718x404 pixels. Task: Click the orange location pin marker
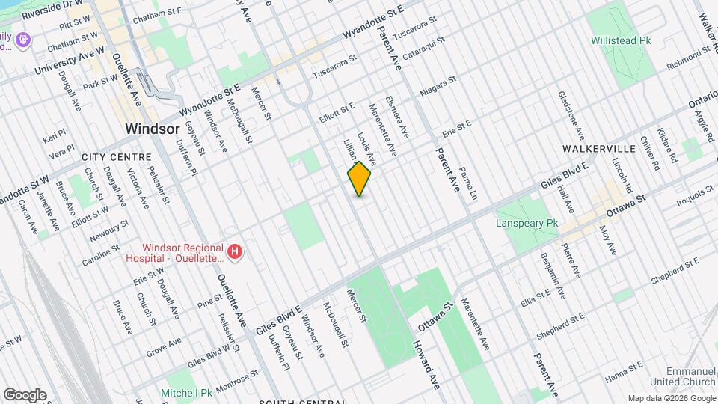(x=360, y=179)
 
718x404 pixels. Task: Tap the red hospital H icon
(x=236, y=253)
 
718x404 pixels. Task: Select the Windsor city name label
(x=153, y=129)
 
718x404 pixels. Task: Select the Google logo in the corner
(x=24, y=395)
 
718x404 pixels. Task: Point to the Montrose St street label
(x=236, y=378)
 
